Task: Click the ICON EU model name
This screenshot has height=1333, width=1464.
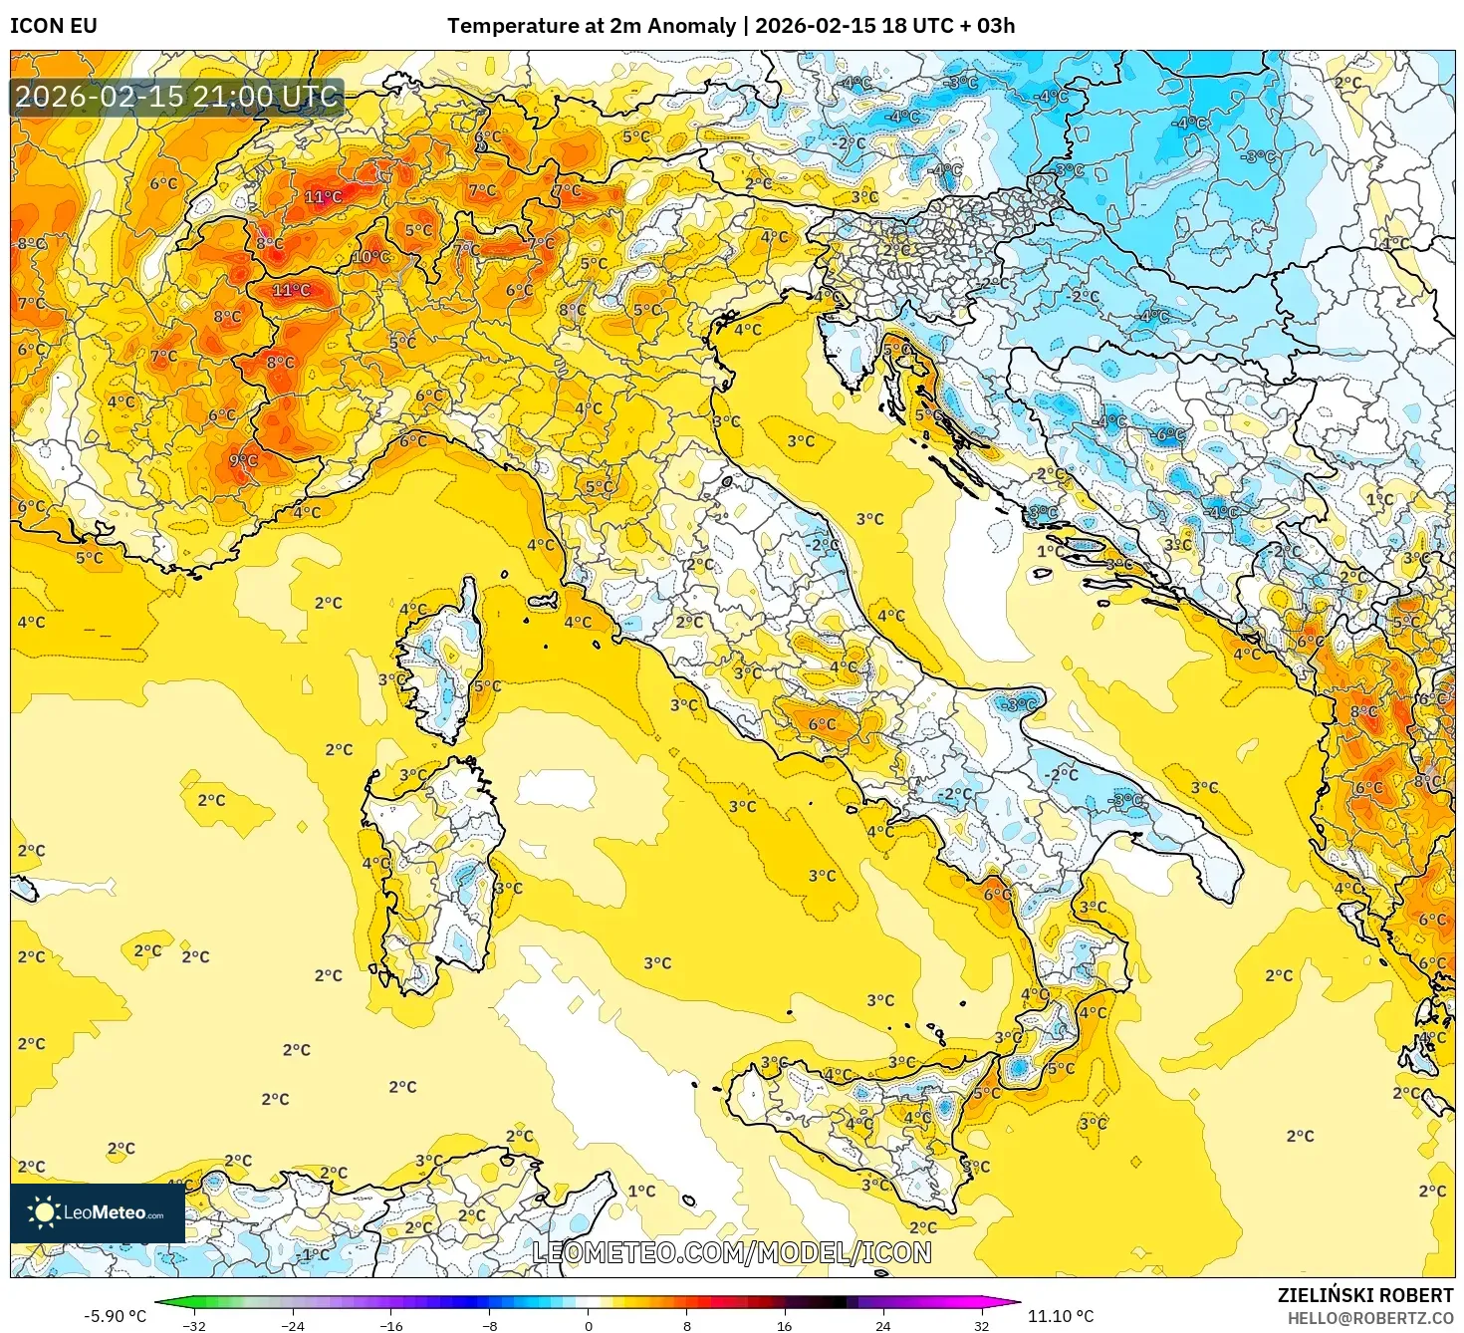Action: [54, 26]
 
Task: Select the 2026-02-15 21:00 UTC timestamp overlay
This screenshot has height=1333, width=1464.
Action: [177, 97]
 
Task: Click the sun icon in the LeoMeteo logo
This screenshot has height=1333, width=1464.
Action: [44, 1212]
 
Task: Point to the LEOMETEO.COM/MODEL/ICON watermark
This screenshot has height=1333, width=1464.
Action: [732, 1252]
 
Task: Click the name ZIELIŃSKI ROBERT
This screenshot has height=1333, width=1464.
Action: [1364, 1295]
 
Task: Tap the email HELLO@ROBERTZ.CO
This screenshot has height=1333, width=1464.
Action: [1369, 1318]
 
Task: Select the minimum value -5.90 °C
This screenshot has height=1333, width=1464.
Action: [115, 1316]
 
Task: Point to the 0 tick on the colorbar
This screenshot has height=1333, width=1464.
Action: [589, 1325]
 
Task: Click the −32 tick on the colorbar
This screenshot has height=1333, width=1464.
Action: [194, 1325]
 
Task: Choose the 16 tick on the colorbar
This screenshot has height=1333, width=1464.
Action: [785, 1325]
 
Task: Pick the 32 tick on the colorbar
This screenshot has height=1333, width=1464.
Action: [982, 1325]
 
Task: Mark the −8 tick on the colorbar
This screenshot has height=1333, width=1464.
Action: [490, 1325]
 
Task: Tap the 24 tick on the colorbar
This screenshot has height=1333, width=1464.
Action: [883, 1325]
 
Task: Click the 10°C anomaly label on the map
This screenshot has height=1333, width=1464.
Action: [370, 257]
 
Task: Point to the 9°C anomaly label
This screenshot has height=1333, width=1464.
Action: [243, 460]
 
